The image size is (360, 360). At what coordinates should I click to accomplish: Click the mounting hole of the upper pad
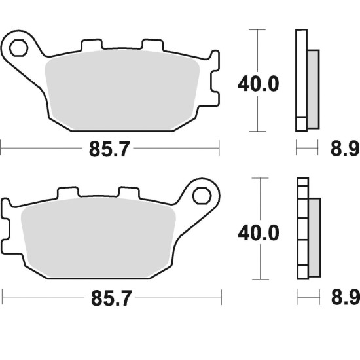tap(18, 48)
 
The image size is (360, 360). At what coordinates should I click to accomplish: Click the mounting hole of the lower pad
tap(202, 196)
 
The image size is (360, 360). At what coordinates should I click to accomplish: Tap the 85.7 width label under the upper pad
tap(109, 149)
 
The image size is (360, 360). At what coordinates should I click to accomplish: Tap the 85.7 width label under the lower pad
tap(111, 298)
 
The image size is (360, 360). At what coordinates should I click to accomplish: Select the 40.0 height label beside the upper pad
tap(259, 84)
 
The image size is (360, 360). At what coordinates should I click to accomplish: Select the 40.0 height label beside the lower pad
tap(259, 232)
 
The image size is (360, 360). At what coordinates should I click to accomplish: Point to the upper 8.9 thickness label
tap(345, 149)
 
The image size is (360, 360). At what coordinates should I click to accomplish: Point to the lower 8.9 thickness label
tap(346, 298)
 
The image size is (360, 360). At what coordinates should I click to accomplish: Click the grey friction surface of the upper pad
tap(122, 90)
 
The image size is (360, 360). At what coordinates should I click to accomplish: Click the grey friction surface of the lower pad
tap(98, 238)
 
